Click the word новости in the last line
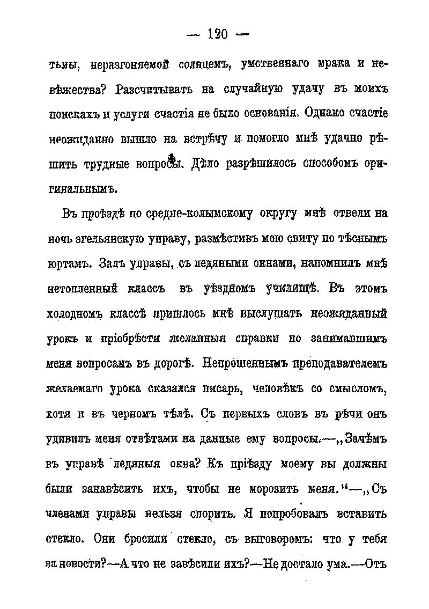[77, 564]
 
